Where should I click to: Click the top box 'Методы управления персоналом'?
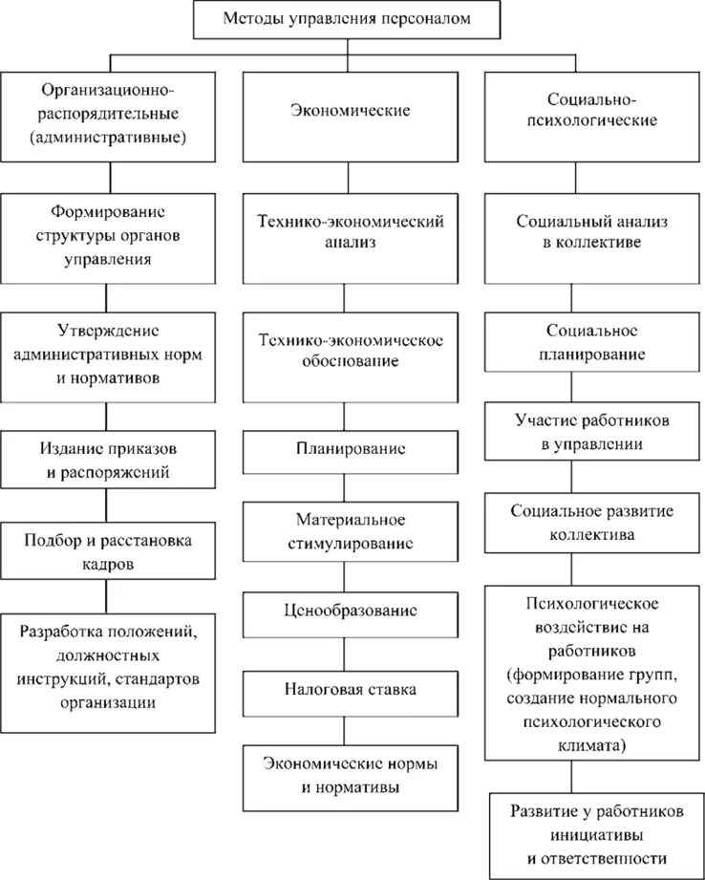[347, 19]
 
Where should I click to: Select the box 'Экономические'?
[350, 111]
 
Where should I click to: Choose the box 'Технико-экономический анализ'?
[350, 232]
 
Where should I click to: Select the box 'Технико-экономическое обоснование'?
[350, 351]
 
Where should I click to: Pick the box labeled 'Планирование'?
[350, 449]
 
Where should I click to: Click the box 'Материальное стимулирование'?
[350, 533]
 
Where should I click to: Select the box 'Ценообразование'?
[350, 610]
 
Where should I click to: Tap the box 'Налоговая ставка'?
[350, 688]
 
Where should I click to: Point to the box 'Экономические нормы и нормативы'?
[350, 776]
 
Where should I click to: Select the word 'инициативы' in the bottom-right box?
[595, 833]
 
